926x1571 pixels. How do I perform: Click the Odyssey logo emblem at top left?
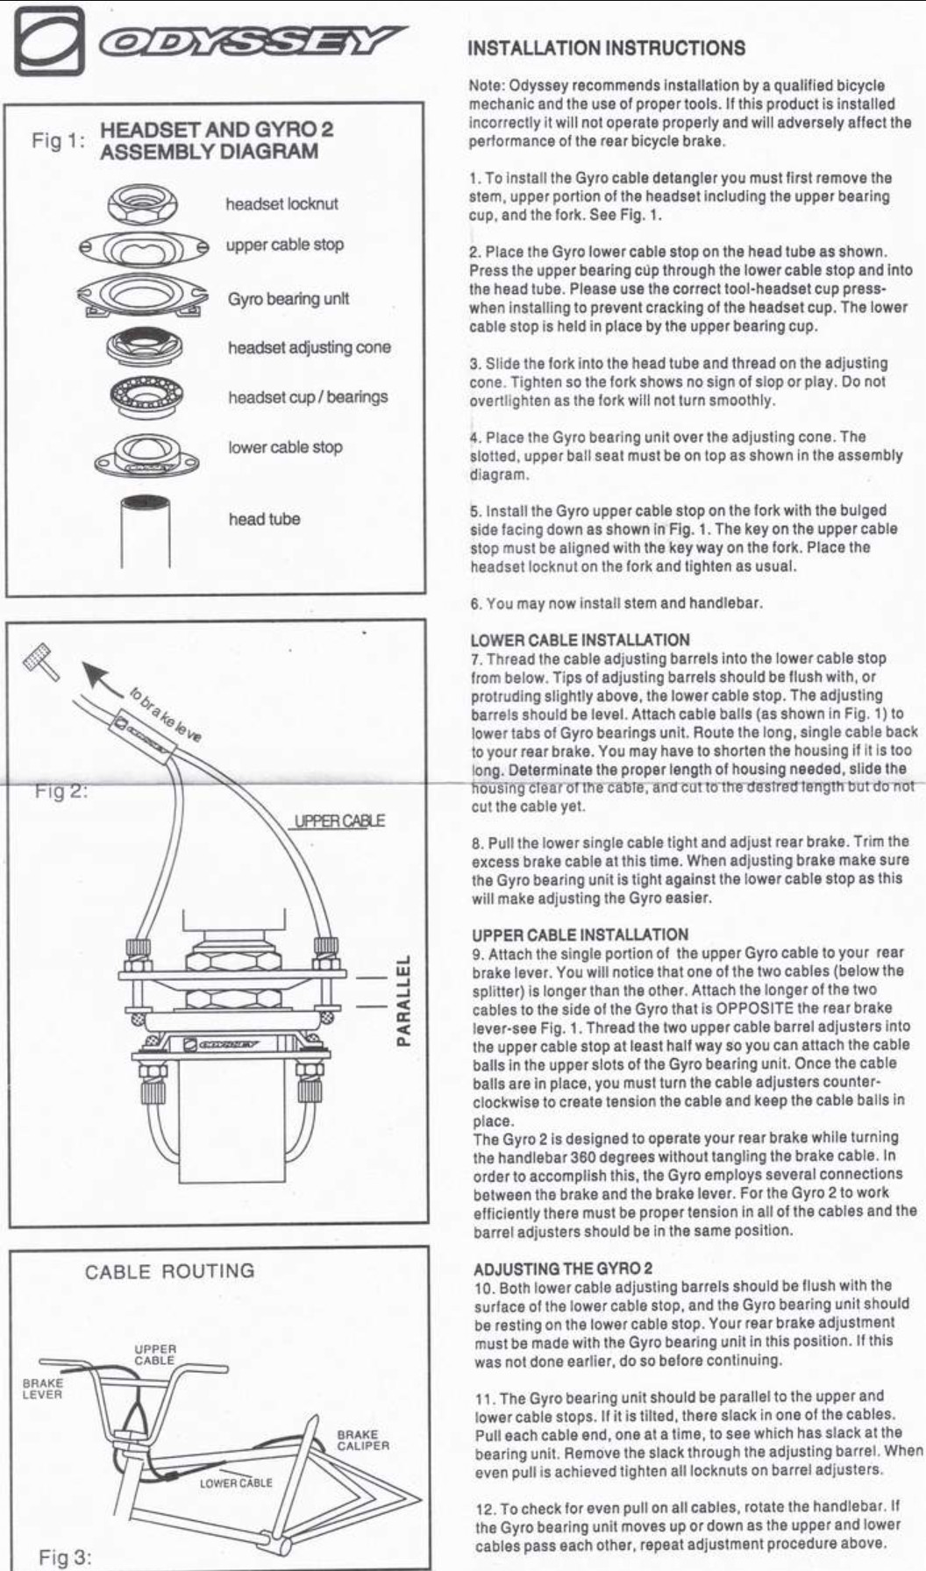pyautogui.click(x=48, y=41)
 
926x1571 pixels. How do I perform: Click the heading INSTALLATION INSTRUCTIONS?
pyautogui.click(x=607, y=48)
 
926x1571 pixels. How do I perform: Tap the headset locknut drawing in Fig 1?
pyautogui.click(x=144, y=205)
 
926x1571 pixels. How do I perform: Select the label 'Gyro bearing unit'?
pyautogui.click(x=288, y=299)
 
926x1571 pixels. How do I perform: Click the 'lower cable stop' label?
pyautogui.click(x=285, y=447)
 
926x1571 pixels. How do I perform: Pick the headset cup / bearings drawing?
pyautogui.click(x=145, y=397)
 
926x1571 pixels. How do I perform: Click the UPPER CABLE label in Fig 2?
pyautogui.click(x=338, y=821)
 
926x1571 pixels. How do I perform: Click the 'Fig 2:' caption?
pyautogui.click(x=61, y=791)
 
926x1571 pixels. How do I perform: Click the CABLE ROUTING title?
pyautogui.click(x=169, y=1271)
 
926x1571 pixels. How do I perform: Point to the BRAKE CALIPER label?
pyautogui.click(x=363, y=1440)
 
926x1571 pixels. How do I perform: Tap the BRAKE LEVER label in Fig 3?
pyautogui.click(x=42, y=1389)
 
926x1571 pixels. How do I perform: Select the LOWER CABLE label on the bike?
pyautogui.click(x=236, y=1483)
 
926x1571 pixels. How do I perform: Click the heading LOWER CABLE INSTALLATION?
pyautogui.click(x=580, y=640)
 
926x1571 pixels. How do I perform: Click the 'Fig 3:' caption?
pyautogui.click(x=65, y=1557)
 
